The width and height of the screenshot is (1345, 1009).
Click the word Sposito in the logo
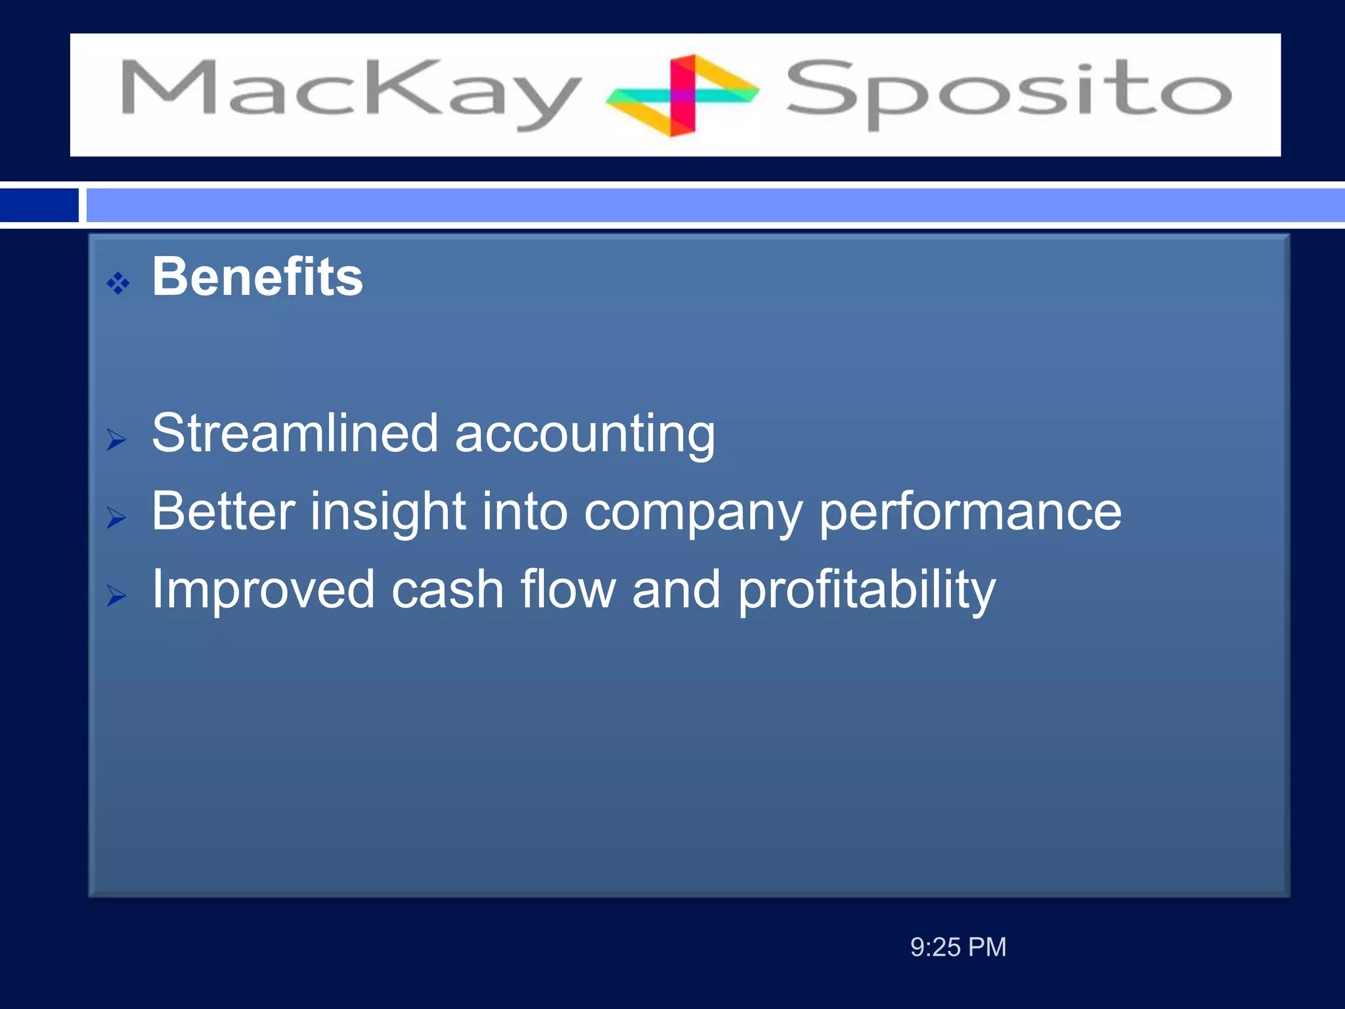pyautogui.click(x=1008, y=92)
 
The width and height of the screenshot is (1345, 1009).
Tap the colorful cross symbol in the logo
pyautogui.click(x=683, y=95)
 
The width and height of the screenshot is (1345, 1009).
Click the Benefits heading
pyautogui.click(x=257, y=277)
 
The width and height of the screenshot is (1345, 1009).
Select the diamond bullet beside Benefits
pyautogui.click(x=118, y=284)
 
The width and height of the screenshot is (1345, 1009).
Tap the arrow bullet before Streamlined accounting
pyautogui.click(x=116, y=439)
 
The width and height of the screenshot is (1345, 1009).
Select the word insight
pyautogui.click(x=388, y=512)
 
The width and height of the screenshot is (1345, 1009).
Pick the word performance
pyautogui.click(x=970, y=512)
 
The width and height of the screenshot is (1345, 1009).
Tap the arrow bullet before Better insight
pyautogui.click(x=116, y=518)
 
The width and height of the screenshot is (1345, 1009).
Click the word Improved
pyautogui.click(x=263, y=590)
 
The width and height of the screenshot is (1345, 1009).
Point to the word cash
pyautogui.click(x=448, y=590)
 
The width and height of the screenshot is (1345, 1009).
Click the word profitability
pyautogui.click(x=866, y=590)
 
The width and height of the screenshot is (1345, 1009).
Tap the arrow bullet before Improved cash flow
pyautogui.click(x=116, y=596)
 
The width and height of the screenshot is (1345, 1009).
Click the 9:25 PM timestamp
pyautogui.click(x=958, y=947)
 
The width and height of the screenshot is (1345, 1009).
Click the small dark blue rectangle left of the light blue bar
pyautogui.click(x=39, y=205)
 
